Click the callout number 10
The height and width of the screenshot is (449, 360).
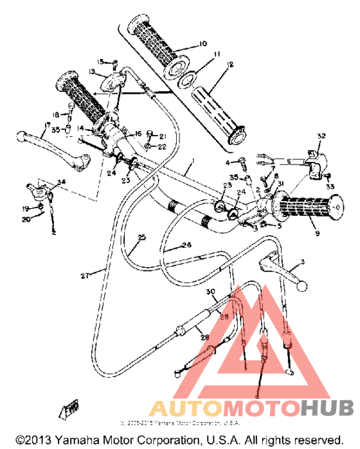(203, 44)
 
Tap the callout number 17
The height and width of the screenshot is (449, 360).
(47, 125)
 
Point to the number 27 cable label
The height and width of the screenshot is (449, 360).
(85, 276)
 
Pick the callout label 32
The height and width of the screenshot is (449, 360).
(321, 136)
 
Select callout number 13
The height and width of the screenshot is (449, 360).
(92, 71)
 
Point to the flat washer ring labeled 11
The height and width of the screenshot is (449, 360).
(188, 80)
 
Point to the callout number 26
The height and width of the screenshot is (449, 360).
(187, 245)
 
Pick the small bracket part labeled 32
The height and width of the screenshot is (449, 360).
(313, 163)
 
